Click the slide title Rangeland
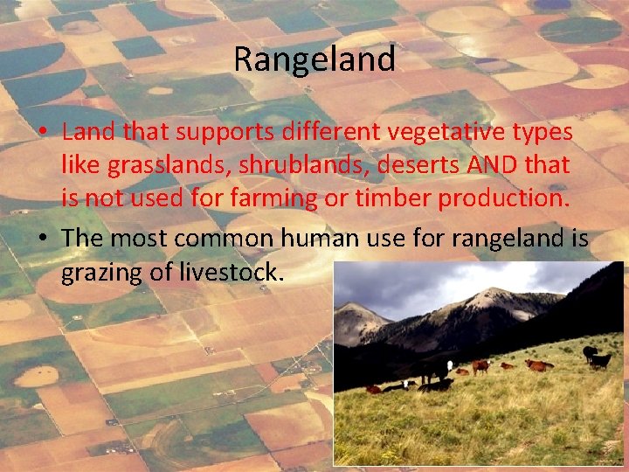pyautogui.click(x=314, y=59)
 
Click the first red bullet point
pyautogui.click(x=43, y=133)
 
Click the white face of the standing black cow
pyautogui.click(x=450, y=365)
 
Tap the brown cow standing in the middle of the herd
pyautogui.click(x=480, y=366)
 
